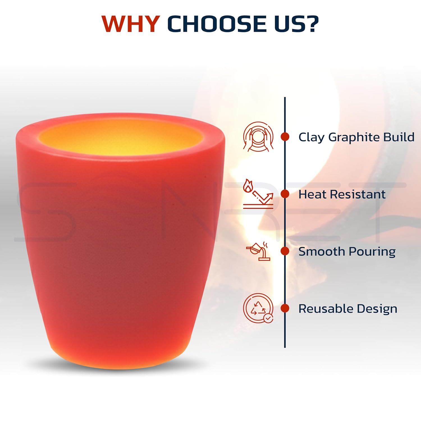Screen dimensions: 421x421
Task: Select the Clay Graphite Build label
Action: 356,137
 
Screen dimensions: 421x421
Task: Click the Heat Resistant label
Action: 342,194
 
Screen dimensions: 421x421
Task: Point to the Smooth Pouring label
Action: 347,251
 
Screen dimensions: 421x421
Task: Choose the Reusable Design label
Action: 348,309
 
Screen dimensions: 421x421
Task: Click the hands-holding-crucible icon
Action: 258,137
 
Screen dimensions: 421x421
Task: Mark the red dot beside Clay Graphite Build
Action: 285,137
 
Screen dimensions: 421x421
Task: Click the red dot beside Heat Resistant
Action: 285,194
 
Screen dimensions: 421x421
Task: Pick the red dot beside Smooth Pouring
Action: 285,251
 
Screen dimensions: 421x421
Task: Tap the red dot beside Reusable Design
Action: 285,308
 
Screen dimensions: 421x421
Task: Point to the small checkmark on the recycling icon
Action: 268,318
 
